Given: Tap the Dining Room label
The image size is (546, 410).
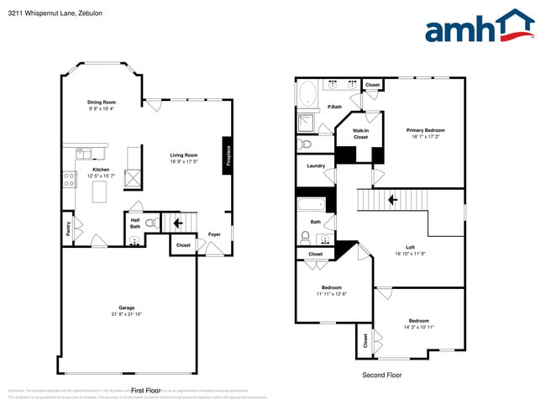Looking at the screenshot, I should pyautogui.click(x=102, y=102).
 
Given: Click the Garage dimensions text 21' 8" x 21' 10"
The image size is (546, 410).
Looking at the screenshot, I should pyautogui.click(x=126, y=314).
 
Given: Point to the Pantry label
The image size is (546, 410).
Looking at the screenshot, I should pyautogui.click(x=67, y=229).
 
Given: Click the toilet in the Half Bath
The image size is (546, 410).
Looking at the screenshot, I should pyautogui.click(x=151, y=223).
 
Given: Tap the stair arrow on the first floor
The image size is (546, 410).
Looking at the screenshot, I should pyautogui.click(x=176, y=223).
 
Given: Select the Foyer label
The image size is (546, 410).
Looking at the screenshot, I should pyautogui.click(x=215, y=234).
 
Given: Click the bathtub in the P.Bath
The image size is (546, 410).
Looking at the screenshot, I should pyautogui.click(x=308, y=92).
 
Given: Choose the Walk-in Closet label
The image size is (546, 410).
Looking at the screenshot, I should pyautogui.click(x=360, y=134).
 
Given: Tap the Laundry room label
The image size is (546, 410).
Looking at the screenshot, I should pyautogui.click(x=315, y=166).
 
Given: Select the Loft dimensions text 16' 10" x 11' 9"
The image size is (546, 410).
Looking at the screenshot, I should pyautogui.click(x=410, y=254).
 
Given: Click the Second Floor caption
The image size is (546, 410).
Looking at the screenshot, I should pyautogui.click(x=382, y=375).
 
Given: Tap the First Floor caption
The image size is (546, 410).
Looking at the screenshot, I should pyautogui.click(x=145, y=391).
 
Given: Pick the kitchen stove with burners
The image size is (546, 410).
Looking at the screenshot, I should pyautogui.click(x=70, y=179).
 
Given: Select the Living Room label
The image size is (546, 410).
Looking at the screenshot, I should pyautogui.click(x=183, y=155).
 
